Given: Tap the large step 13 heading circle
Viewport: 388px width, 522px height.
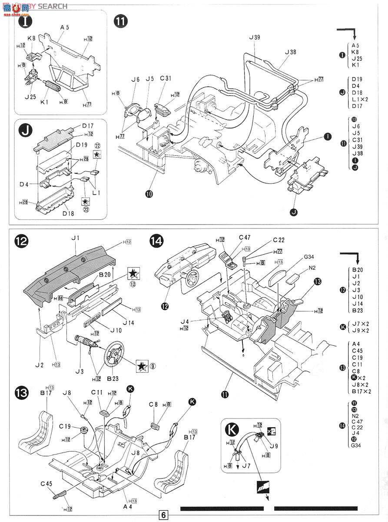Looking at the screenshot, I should click(23, 394).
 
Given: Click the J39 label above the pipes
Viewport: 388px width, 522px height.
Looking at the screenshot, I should click(255, 37).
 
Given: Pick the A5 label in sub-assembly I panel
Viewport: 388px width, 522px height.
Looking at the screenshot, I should click(65, 27).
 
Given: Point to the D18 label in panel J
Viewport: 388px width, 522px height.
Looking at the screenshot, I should click(70, 214).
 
